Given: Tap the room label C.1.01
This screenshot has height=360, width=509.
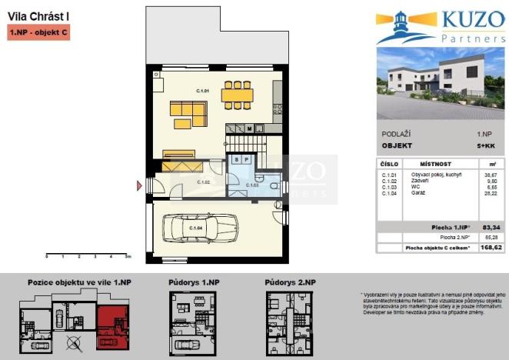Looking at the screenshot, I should click(203, 92).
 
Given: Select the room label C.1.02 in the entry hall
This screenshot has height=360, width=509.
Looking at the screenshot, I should click(204, 182).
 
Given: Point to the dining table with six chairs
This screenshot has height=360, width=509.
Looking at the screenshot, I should click(238, 95).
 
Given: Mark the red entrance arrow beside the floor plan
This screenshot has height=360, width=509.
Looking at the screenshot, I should click(139, 185).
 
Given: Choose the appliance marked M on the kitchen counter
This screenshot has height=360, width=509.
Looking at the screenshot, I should click(250, 128).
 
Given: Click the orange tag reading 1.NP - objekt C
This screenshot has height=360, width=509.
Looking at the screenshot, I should click(38, 32).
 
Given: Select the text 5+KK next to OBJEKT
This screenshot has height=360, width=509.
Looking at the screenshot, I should click(486, 145).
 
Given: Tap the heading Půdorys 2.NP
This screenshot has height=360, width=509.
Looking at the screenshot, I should click(290, 283).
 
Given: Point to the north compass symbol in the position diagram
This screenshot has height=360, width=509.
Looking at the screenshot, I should click(74, 344).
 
